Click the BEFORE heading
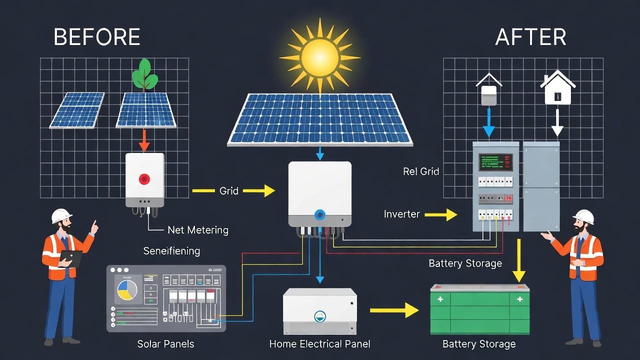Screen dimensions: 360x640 click(96, 37)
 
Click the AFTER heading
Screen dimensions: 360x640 click(530, 37)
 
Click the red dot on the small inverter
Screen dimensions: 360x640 click(144, 178)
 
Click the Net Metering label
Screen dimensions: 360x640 click(197, 230)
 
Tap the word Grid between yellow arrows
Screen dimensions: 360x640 click(229, 190)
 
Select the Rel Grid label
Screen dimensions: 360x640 click(420, 171)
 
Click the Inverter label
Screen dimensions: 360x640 click(401, 214)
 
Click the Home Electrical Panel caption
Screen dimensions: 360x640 click(319, 344)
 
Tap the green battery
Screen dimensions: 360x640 click(479, 310)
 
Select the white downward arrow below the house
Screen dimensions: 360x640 click(557, 123)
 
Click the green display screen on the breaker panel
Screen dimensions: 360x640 click(495, 162)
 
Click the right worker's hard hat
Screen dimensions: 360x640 click(583, 216)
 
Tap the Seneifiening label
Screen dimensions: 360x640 click(171, 250)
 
